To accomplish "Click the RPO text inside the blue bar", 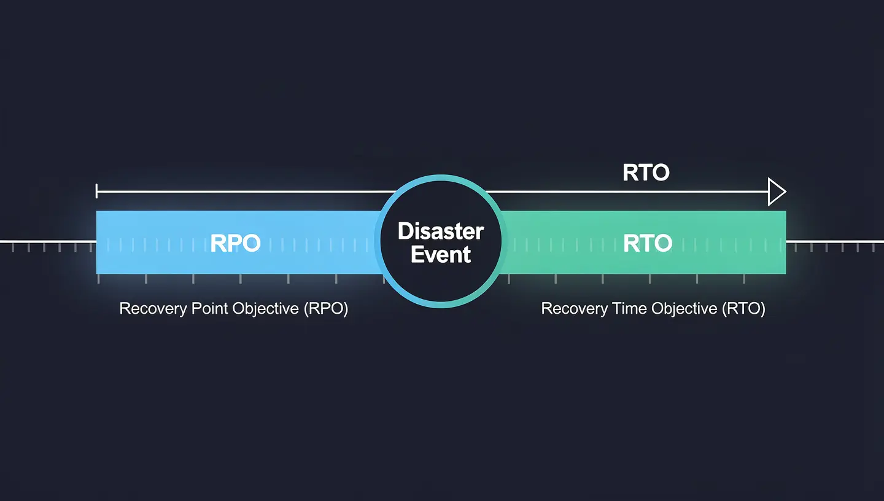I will click(236, 243).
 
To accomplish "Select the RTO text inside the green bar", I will click(647, 243).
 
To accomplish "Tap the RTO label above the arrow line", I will click(646, 173).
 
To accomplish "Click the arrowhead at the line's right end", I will click(777, 192).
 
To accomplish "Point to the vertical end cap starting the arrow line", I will click(97, 192).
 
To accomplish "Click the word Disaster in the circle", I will click(441, 231).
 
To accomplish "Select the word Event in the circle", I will click(441, 254).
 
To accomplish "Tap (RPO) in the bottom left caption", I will click(326, 308).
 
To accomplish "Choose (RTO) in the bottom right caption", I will click(743, 308).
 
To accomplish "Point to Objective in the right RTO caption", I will click(685, 308).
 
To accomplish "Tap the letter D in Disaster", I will click(405, 231).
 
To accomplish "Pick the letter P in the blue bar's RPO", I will click(236, 243).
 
